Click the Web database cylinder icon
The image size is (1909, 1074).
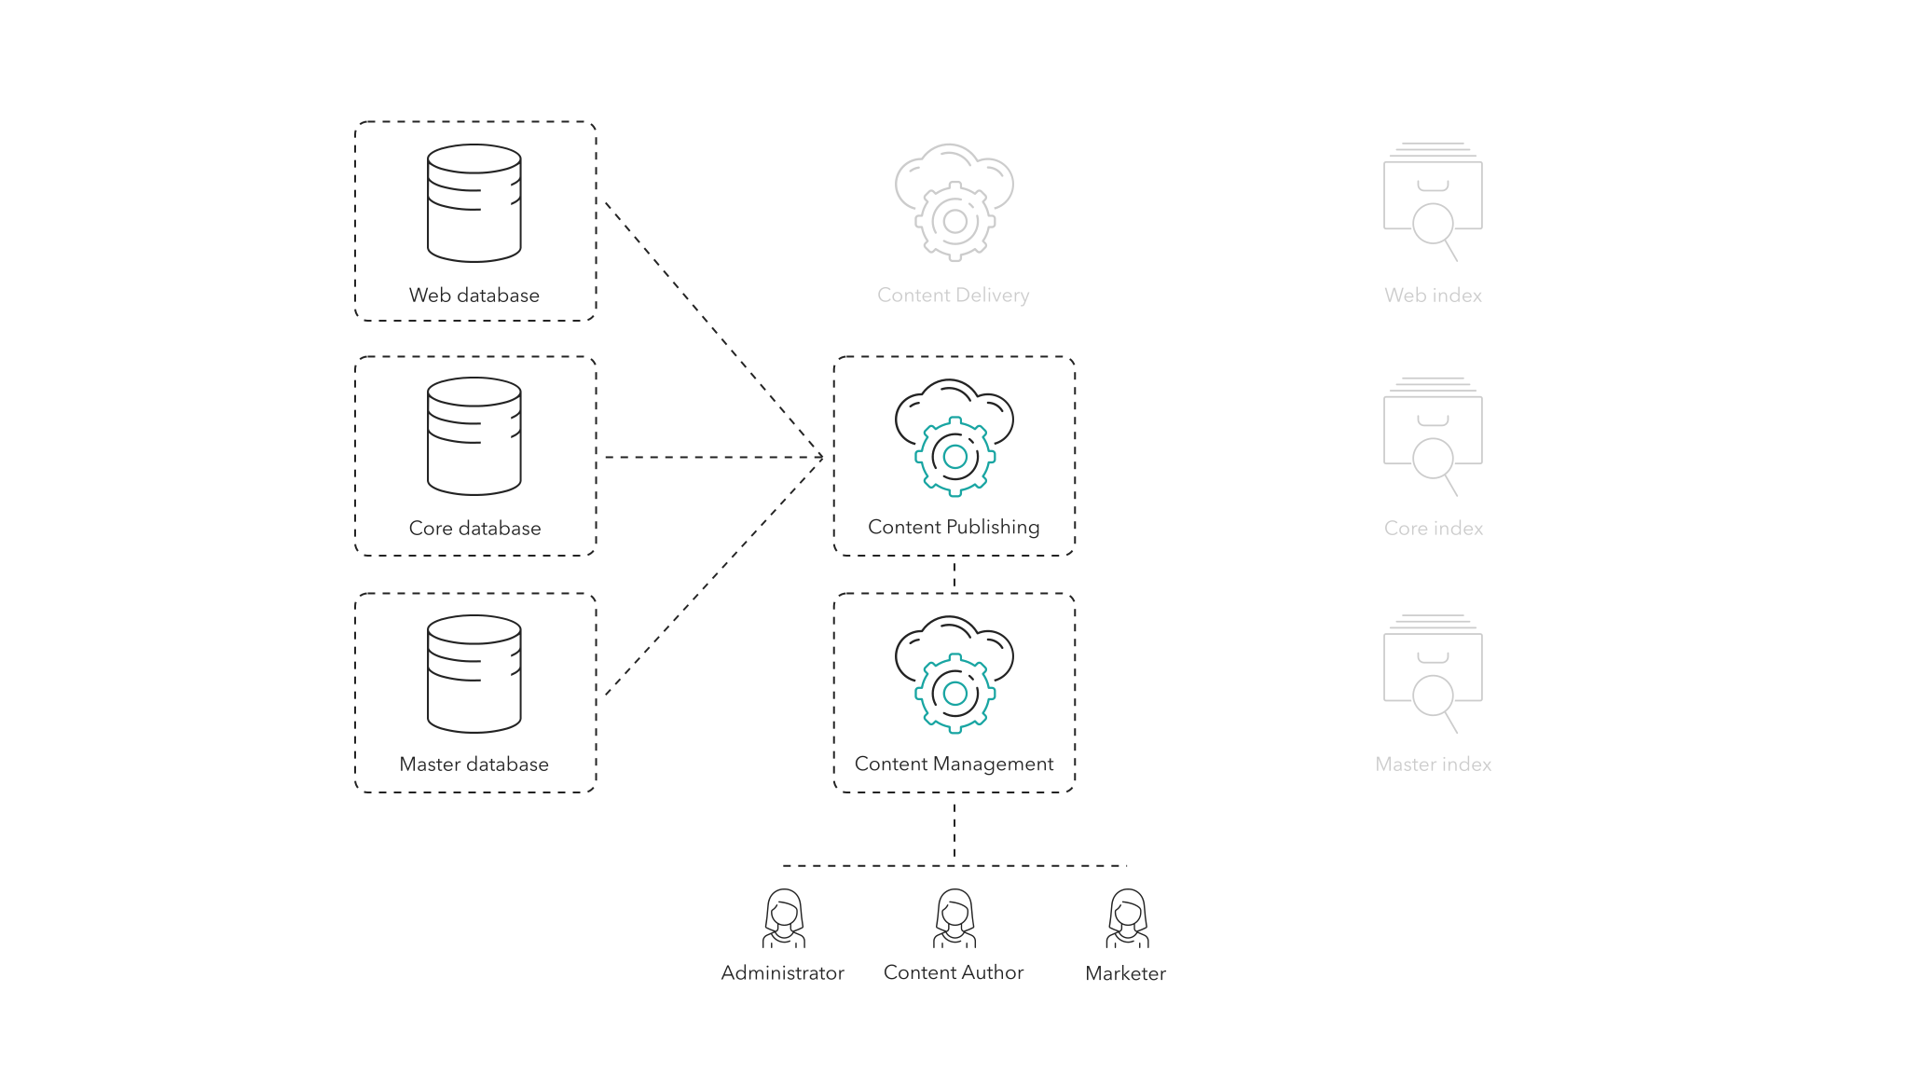[x=474, y=203]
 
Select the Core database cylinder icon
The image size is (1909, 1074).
[x=474, y=436]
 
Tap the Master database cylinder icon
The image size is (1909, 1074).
[x=474, y=674]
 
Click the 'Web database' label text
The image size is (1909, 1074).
[x=474, y=296]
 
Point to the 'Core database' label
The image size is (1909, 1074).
[x=474, y=529]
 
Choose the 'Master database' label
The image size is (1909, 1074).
[x=474, y=764]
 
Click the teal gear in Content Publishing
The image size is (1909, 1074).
[x=954, y=457]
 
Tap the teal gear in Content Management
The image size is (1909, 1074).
[x=954, y=694]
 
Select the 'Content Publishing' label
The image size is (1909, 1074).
[x=954, y=528]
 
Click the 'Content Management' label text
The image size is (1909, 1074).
[x=954, y=764]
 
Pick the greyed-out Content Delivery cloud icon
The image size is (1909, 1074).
[x=954, y=202]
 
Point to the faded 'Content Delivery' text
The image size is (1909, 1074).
[x=953, y=296]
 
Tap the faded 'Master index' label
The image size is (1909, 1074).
[x=1433, y=764]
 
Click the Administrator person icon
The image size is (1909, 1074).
[x=783, y=918]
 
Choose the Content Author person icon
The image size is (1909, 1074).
[x=954, y=918]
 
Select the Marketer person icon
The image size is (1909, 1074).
[x=1127, y=918]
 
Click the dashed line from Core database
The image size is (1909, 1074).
[x=713, y=457]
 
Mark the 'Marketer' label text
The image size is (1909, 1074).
[x=1125, y=973]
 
